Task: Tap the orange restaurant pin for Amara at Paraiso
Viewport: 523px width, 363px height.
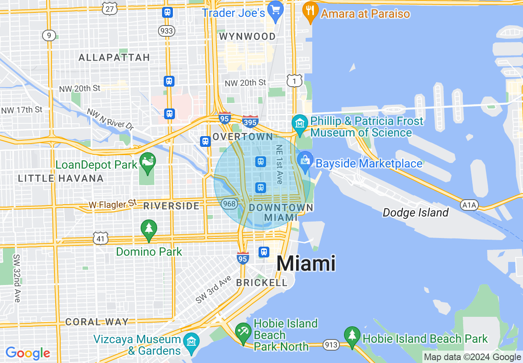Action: pyautogui.click(x=310, y=12)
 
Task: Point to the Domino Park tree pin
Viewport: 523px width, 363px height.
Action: pyautogui.click(x=149, y=229)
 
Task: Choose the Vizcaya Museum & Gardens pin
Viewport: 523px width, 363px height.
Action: pyautogui.click(x=192, y=342)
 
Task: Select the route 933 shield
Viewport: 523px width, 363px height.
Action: pyautogui.click(x=167, y=31)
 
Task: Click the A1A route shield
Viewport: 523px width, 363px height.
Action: pyautogui.click(x=469, y=205)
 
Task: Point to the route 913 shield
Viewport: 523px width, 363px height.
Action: pyautogui.click(x=331, y=344)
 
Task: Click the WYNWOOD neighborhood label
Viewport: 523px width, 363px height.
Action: pyautogui.click(x=247, y=36)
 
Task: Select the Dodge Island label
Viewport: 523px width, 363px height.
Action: pyautogui.click(x=415, y=212)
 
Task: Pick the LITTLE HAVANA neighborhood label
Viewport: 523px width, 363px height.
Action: pyautogui.click(x=61, y=178)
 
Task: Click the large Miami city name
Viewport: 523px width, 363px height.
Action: pyautogui.click(x=306, y=263)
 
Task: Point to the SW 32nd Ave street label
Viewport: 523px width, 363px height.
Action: pyautogui.click(x=16, y=278)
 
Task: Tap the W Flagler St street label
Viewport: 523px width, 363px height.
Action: pyautogui.click(x=112, y=203)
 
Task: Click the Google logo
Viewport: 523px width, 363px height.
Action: pyautogui.click(x=28, y=353)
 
